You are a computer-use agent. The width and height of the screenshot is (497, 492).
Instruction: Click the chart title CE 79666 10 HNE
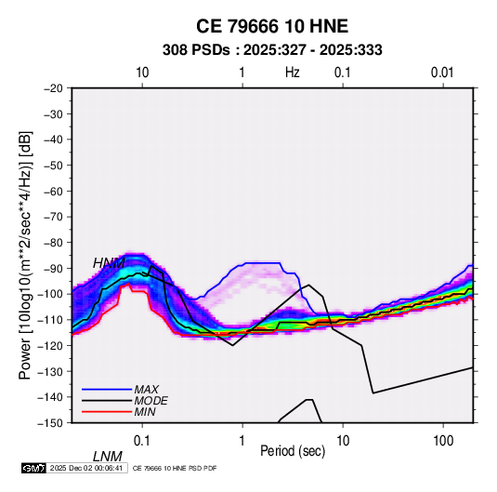click(272, 26)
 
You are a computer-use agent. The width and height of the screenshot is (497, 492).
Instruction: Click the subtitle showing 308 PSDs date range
click(272, 50)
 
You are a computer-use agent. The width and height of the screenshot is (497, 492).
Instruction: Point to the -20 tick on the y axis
click(53, 88)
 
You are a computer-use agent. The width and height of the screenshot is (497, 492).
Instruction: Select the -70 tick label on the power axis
click(53, 217)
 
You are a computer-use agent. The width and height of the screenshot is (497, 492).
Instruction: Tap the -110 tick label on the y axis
click(51, 320)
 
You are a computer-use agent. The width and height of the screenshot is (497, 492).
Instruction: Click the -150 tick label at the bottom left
click(51, 423)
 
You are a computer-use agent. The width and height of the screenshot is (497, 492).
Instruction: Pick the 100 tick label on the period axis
click(443, 440)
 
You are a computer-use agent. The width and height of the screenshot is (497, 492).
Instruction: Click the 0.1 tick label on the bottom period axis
click(142, 440)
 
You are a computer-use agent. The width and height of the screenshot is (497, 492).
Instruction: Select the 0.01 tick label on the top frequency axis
click(442, 73)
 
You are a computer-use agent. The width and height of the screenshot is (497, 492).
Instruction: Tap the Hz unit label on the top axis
click(293, 73)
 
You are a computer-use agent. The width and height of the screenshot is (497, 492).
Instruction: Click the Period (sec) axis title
click(293, 451)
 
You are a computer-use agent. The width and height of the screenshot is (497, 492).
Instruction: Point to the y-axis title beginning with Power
click(25, 255)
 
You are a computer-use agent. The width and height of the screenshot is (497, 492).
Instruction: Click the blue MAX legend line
click(107, 389)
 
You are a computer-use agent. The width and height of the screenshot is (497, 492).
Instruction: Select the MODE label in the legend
click(150, 401)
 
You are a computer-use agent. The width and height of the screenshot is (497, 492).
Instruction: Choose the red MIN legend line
click(107, 412)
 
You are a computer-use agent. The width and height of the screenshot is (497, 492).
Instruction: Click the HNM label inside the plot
click(109, 263)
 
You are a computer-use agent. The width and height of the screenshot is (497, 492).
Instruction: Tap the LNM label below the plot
click(108, 457)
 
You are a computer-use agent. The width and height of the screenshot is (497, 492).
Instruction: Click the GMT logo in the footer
click(34, 468)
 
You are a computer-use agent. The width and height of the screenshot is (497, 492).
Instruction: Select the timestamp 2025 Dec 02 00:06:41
click(86, 468)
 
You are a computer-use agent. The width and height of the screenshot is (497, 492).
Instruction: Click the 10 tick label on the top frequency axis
click(142, 73)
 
